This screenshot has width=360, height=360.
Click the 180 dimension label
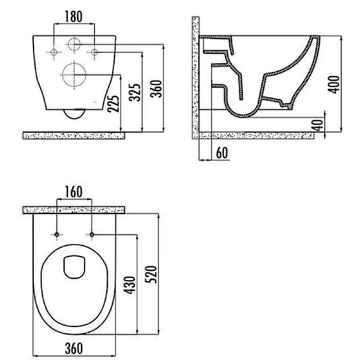pos(73,17)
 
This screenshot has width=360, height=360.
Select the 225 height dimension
pos(113,103)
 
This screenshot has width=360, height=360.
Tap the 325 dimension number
pos(135,92)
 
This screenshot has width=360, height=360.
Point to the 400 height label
pos(333,85)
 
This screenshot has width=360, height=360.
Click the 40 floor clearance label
pos(318,125)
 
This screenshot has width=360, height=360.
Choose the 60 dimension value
pos(222,153)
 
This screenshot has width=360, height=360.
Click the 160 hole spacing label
pos(73,192)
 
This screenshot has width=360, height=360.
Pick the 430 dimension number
pos(130,285)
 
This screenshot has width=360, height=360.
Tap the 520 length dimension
pos(151,274)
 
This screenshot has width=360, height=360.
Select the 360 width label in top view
pos(74,348)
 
